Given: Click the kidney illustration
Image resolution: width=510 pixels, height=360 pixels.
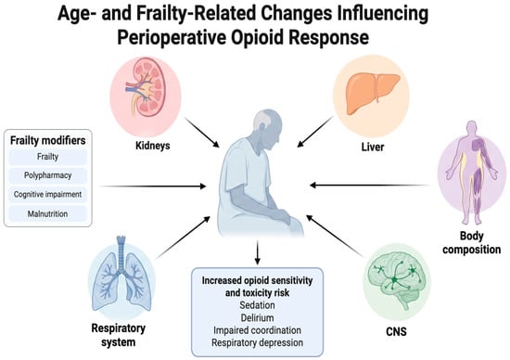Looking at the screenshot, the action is coord(147,87).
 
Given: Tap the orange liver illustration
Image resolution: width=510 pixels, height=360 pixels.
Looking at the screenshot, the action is coord(373,93).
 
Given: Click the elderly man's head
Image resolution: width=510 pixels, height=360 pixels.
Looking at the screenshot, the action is coord(267,124).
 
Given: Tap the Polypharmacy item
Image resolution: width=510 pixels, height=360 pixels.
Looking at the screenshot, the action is coord(48,175).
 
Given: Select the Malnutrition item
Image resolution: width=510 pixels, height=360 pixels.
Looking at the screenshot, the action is coord(48,213).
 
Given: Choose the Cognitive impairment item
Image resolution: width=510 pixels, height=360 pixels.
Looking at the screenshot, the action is coord(48,194).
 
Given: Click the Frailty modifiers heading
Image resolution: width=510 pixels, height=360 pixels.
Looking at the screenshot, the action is coord(48,141).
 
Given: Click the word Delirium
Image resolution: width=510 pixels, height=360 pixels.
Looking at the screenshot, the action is coord(257,317).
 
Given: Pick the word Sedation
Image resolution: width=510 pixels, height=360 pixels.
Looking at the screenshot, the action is coord(257,305).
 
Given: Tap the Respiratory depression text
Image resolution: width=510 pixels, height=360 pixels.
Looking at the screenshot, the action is coord(257,342).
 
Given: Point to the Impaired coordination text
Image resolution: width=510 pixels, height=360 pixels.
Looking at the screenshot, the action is coord(257,330).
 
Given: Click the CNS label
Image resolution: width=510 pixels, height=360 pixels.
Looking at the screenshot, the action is coord(396,331).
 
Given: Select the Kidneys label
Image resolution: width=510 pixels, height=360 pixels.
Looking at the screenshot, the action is coord(153,146).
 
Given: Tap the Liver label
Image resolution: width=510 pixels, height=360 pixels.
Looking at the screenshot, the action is coord(373,147).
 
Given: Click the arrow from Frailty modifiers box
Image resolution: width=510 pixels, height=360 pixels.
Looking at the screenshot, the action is coord(152,186).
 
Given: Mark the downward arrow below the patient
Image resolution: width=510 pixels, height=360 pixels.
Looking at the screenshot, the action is coord(258,252).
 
